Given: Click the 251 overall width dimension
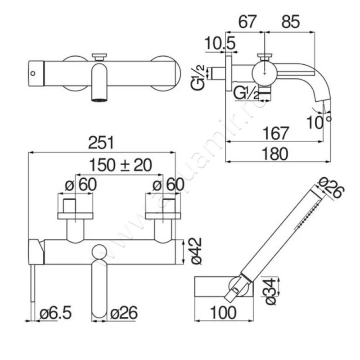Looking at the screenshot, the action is pyautogui.click(x=101, y=143).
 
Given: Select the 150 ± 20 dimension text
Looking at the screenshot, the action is pyautogui.click(x=120, y=165).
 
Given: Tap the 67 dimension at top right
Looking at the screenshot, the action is pyautogui.click(x=247, y=22).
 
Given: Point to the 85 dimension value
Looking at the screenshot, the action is pyautogui.click(x=291, y=22).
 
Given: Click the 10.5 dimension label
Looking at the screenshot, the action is pyautogui.click(x=220, y=43).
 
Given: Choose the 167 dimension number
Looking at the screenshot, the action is pyautogui.click(x=275, y=133).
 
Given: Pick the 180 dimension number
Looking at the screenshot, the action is pyautogui.click(x=275, y=153).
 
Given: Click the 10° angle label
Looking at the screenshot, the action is pyautogui.click(x=319, y=121).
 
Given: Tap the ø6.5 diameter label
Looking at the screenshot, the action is pyautogui.click(x=55, y=313).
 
